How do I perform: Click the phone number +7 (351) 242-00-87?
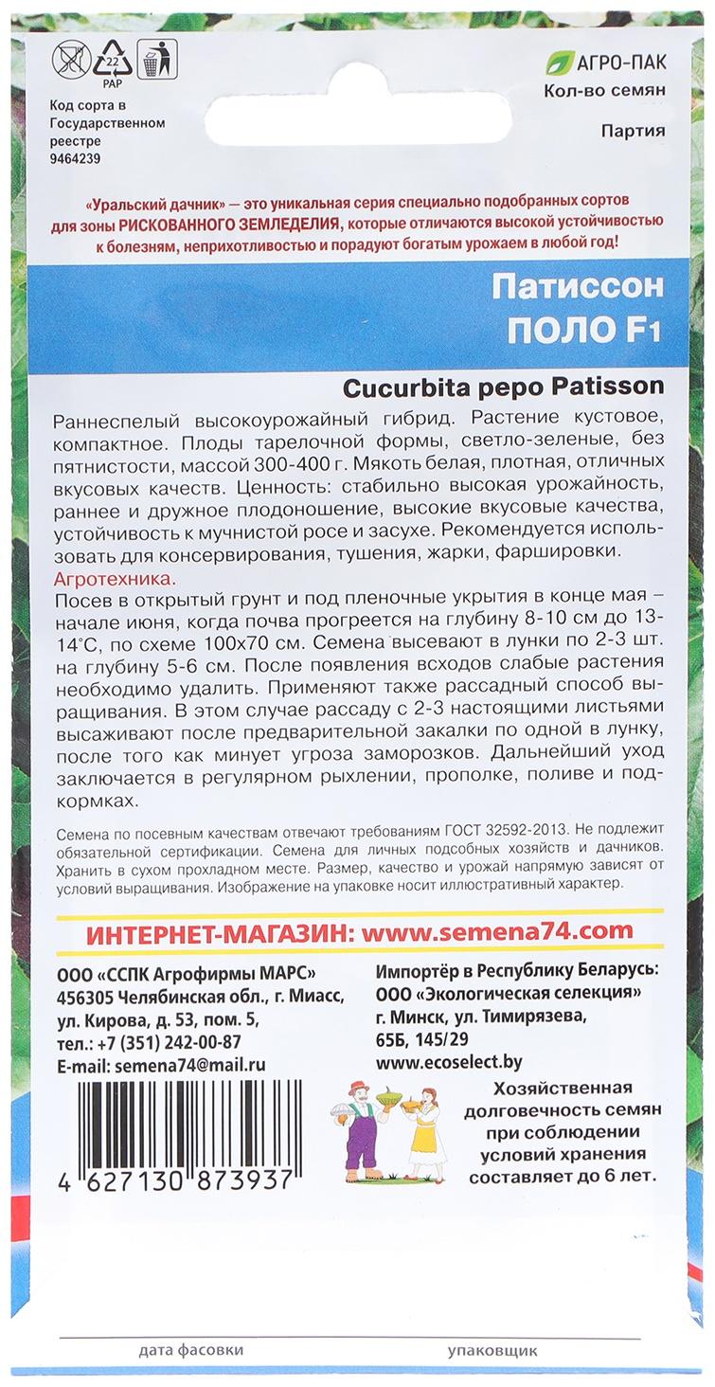pos(175,1042)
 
